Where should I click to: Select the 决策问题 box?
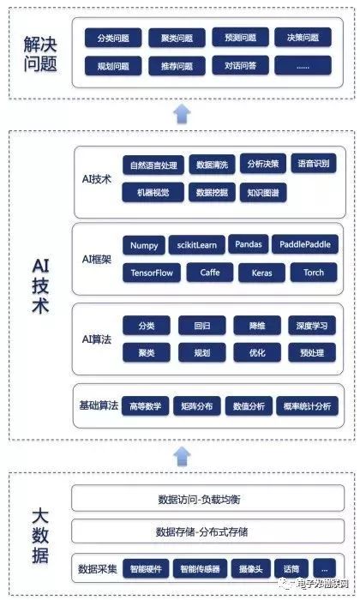coord(303,38)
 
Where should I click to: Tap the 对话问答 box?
coord(239,66)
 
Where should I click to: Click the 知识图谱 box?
coord(262,193)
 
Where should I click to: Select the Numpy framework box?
coord(144,245)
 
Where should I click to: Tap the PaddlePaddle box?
coord(305,244)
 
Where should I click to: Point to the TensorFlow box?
coord(151,273)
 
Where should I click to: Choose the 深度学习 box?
coord(309,325)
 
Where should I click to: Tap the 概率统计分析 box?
coord(305,407)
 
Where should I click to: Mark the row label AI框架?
coord(95,258)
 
